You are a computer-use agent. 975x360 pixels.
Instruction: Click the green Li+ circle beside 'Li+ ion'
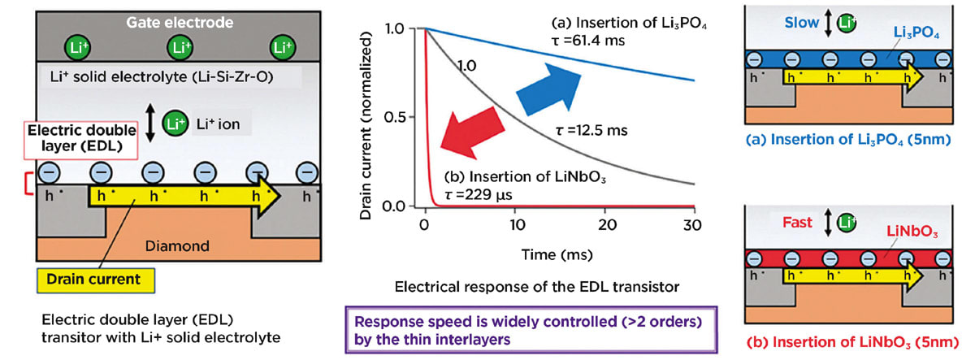(173, 124)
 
